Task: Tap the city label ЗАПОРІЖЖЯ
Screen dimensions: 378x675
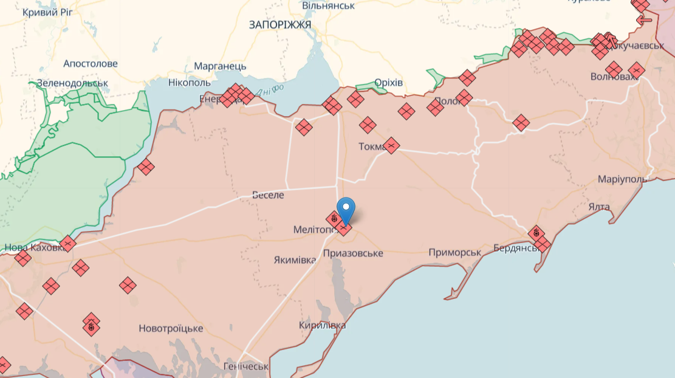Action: (280, 24)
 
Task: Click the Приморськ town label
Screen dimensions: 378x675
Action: (454, 252)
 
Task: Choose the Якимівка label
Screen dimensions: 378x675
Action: (295, 260)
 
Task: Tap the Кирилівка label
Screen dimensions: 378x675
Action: (322, 325)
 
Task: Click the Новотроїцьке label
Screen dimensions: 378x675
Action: (171, 328)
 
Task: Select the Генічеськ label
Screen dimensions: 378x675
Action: (245, 366)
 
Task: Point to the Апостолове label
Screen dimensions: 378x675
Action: (91, 64)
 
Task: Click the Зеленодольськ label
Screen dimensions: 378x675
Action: (72, 83)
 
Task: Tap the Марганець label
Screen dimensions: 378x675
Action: (220, 66)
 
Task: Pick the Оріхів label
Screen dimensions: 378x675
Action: (388, 83)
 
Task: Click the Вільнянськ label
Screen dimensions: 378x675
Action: (328, 5)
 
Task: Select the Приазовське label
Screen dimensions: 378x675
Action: (353, 253)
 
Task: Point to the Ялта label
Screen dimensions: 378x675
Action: (599, 207)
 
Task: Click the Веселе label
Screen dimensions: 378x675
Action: (268, 195)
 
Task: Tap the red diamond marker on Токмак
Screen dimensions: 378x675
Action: (391, 145)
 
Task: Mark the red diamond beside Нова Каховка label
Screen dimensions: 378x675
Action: (68, 244)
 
